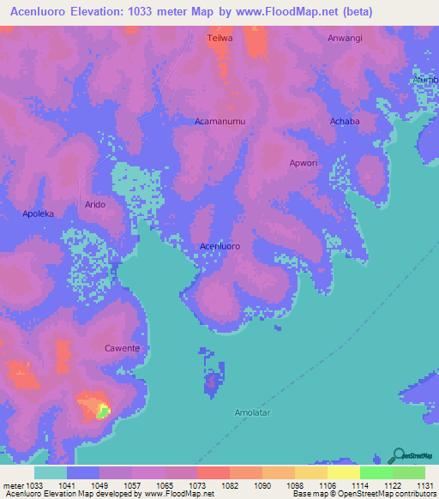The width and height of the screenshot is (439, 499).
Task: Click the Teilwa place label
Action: point(220,39)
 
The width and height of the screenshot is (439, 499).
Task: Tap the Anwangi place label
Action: point(345,39)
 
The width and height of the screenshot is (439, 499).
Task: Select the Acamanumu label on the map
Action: point(220,122)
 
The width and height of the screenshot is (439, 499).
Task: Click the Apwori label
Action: point(304,162)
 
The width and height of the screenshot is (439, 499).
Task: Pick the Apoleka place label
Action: point(38,213)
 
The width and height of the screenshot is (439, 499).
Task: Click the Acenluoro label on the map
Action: point(219,246)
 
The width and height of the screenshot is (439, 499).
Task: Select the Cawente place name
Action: point(122,348)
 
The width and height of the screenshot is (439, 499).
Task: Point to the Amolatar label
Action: point(254,412)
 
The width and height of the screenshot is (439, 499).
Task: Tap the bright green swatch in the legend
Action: point(376,472)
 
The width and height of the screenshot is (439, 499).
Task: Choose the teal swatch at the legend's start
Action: point(51,472)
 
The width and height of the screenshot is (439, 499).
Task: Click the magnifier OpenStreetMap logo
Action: point(398,455)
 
